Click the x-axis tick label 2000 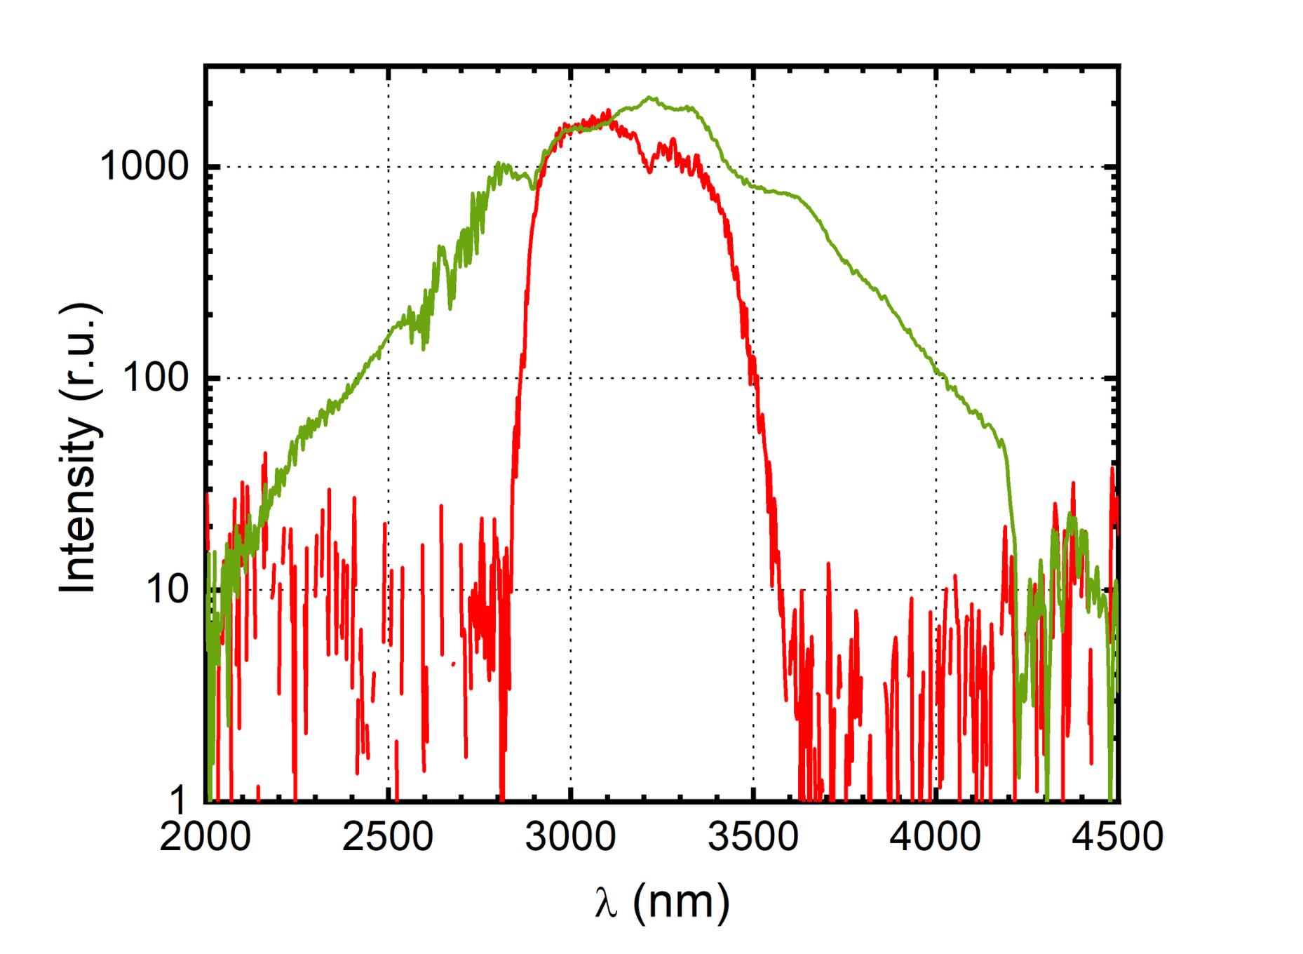[205, 837]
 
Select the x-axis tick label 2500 [388, 837]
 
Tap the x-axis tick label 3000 [570, 837]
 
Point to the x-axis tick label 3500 [753, 837]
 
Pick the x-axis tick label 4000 [936, 837]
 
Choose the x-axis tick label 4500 [1117, 837]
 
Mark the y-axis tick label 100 [156, 378]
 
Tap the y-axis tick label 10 [168, 589]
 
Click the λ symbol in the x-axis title [606, 902]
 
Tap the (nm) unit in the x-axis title [681, 902]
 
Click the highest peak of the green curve [650, 98]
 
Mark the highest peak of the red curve [608, 110]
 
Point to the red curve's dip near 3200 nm [650, 171]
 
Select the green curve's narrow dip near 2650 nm [450, 307]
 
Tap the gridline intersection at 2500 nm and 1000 [389, 167]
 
